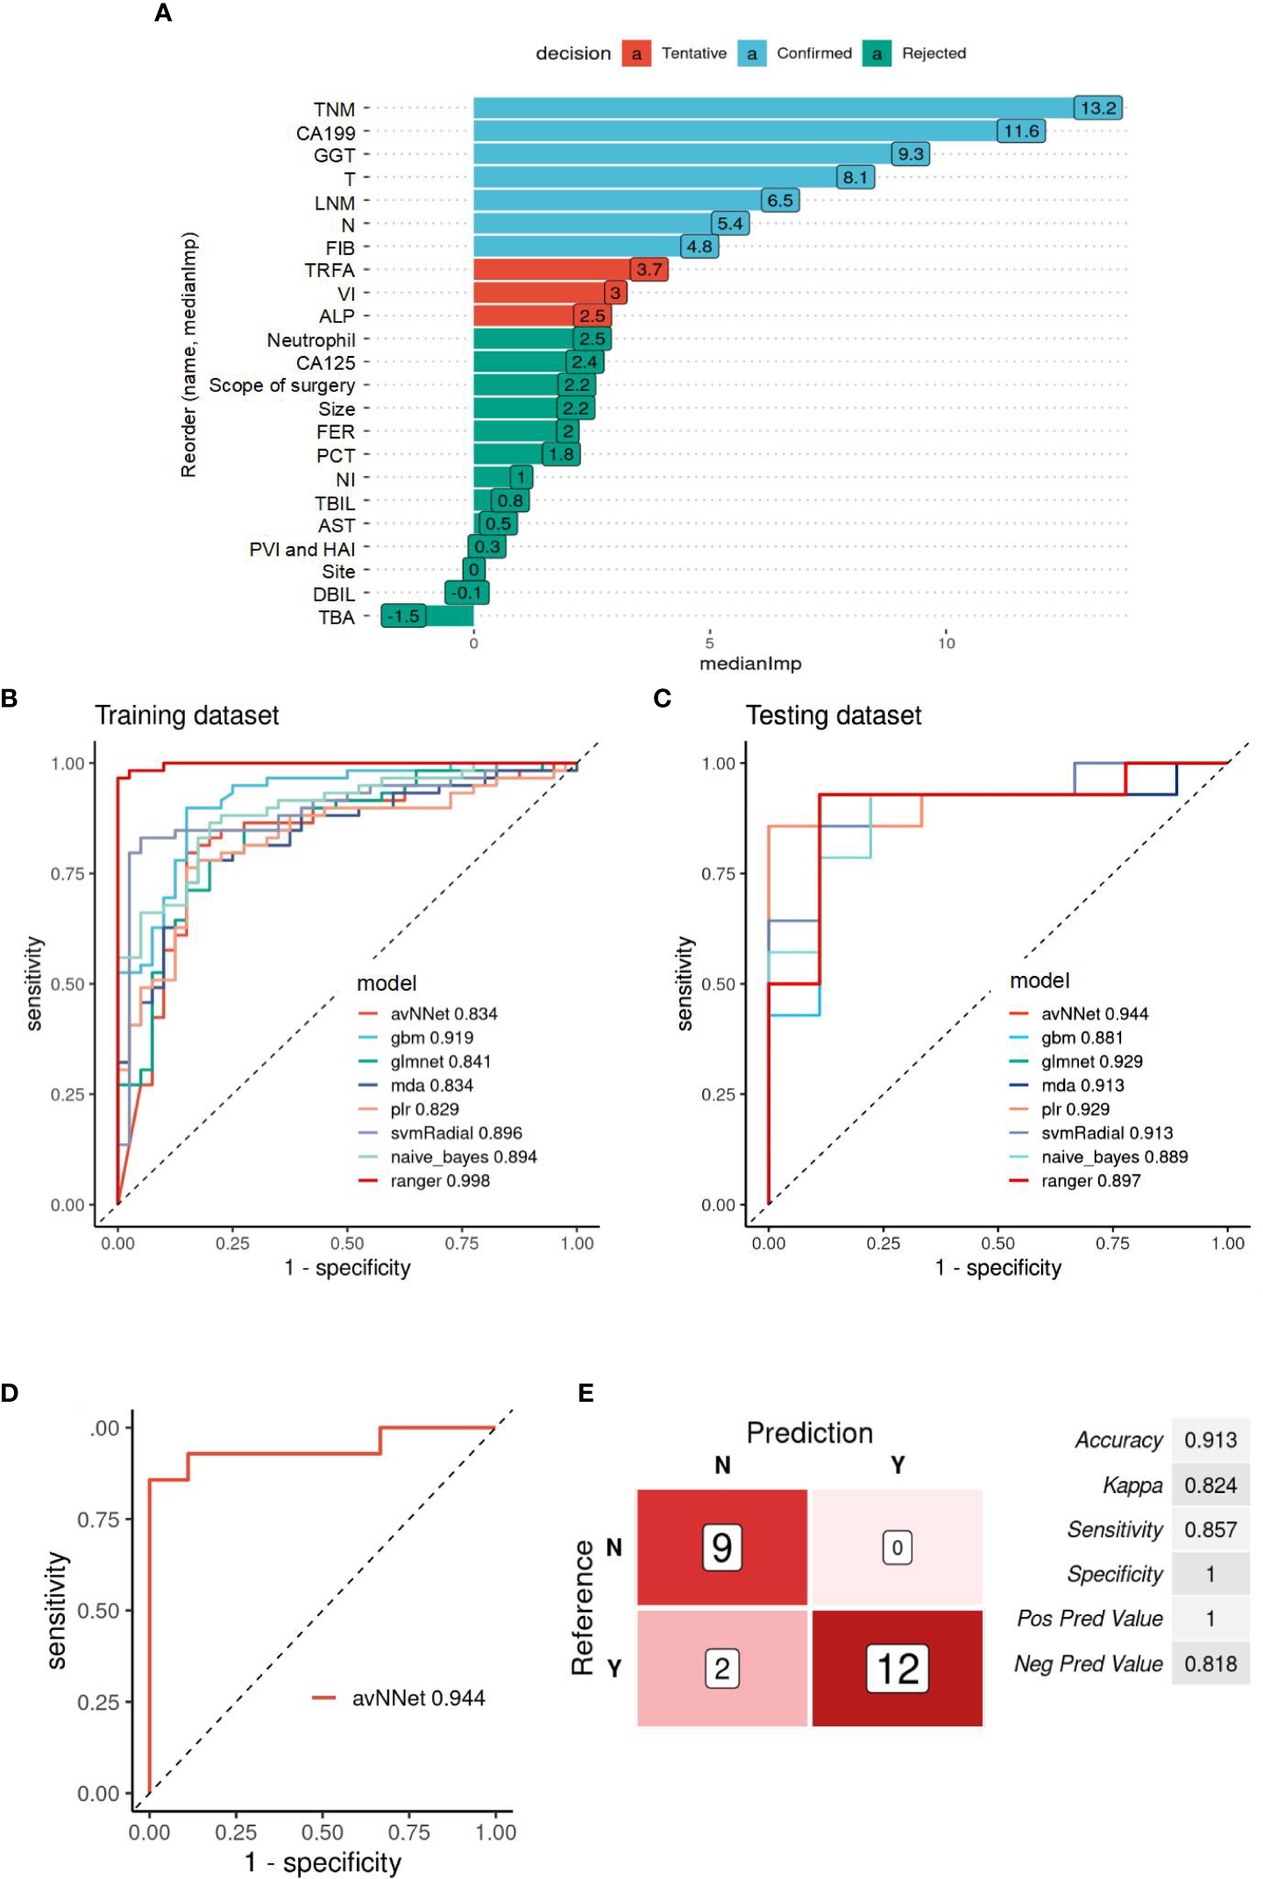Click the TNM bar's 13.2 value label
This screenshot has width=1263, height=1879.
1097,108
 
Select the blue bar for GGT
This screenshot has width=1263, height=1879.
684,154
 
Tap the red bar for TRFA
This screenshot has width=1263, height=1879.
552,270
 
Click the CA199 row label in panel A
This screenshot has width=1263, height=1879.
326,133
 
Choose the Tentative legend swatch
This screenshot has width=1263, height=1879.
636,53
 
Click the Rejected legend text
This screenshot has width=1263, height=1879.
933,53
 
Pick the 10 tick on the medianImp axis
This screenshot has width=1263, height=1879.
946,643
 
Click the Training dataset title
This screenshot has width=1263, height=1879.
187,715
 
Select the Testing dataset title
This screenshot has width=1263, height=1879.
834,715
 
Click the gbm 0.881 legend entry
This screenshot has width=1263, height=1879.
1082,1037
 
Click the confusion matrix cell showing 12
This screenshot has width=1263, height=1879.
898,1669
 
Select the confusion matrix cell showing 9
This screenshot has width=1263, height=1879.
721,1548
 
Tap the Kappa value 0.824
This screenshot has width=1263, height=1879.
1210,1485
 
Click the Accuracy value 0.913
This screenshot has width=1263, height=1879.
1210,1440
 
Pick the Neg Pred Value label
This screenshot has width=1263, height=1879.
1088,1663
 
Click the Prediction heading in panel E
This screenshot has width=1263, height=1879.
809,1433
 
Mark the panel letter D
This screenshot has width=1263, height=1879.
10,1393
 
